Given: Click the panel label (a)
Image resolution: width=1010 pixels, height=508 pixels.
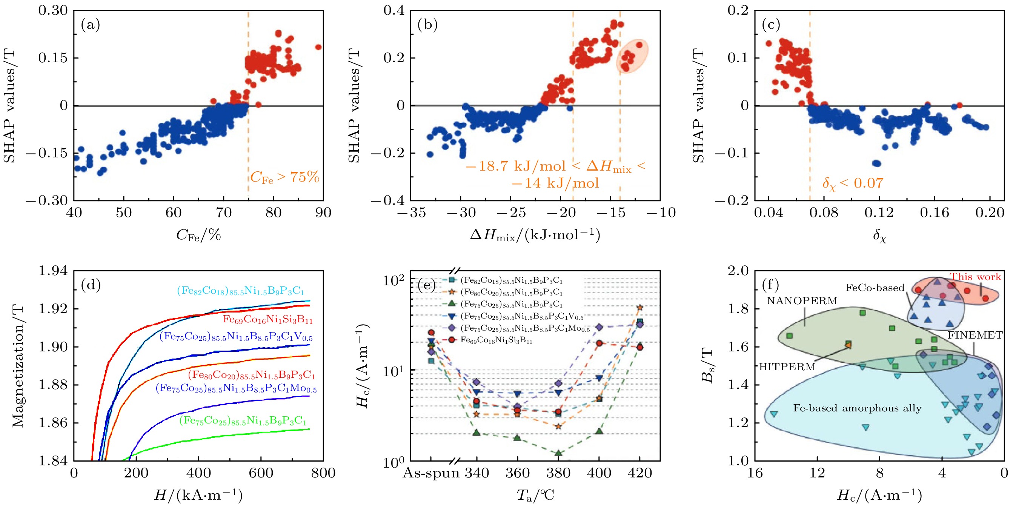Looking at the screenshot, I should coord(90,25).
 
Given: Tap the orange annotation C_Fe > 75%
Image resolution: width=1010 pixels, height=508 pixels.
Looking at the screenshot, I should coord(284,178).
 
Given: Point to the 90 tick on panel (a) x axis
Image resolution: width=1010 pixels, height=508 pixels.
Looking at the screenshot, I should coord(323,212).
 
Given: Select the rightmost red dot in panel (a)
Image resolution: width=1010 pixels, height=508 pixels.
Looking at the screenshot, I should coord(318,48).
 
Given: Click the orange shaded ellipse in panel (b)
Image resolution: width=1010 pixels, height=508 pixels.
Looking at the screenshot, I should coord(632,56).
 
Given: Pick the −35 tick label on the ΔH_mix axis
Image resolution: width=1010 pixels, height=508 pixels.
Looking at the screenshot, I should coord(411,212).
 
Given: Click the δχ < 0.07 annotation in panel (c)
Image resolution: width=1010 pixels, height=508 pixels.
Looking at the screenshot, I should coord(853,183).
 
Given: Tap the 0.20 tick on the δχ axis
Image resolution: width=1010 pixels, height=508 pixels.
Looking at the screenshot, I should coord(990,212).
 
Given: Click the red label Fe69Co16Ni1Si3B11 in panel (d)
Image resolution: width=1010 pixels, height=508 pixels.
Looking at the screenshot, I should coord(267,319).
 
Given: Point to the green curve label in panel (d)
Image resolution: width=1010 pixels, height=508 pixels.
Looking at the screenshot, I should coord(243,421).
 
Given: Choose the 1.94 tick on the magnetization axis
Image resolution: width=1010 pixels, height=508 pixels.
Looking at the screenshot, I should coord(53,271).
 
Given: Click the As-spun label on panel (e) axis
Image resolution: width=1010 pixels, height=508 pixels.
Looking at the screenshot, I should coord(431,473).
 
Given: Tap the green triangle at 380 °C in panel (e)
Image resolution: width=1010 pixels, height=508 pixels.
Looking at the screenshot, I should coord(558,453).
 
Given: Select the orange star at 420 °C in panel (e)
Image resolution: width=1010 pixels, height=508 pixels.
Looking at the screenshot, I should coord(640,308).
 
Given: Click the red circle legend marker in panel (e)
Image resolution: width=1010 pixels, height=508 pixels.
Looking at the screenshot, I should coord(452,340).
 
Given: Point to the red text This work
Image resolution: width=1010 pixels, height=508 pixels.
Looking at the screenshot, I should coord(975,277).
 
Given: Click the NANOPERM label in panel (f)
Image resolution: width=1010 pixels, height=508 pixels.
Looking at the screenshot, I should coord(802,301).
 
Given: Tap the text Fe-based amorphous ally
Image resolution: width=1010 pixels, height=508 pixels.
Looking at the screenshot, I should coord(857,408).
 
